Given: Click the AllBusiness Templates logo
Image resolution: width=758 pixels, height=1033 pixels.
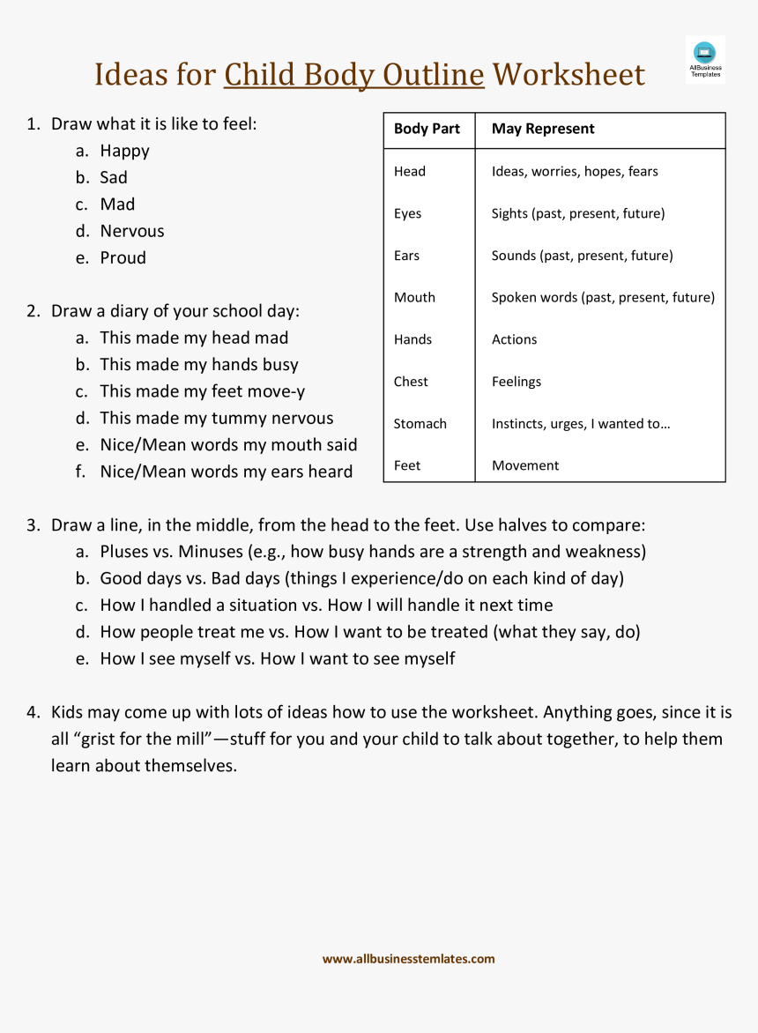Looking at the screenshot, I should (705, 59).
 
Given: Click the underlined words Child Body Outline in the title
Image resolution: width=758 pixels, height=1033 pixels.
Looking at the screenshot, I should (353, 75).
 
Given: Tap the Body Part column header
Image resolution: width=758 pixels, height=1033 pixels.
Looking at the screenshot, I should (427, 129).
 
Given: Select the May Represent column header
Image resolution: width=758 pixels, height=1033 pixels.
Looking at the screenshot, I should (543, 129).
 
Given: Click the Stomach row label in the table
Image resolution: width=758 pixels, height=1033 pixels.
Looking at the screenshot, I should (420, 423).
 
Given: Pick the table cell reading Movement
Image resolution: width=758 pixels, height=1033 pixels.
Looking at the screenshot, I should (525, 465).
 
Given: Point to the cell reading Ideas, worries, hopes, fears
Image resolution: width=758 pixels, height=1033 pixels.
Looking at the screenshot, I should (575, 171).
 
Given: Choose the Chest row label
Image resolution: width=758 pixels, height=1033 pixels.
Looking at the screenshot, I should (411, 382).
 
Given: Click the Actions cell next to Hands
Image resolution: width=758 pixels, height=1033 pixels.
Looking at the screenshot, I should (514, 339).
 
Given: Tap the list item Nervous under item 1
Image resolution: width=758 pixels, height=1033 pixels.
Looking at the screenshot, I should (132, 231).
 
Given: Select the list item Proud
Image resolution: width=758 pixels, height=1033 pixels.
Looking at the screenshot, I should (123, 257).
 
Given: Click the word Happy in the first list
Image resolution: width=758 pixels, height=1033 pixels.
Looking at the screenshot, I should (124, 151).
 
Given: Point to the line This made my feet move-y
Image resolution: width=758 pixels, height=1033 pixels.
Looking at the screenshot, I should (203, 391).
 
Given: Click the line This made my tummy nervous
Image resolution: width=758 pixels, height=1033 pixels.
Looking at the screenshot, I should (217, 418).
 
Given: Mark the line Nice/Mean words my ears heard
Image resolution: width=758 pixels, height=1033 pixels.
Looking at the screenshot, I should (227, 472).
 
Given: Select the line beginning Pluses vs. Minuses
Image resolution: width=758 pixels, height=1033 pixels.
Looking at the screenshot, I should (373, 552).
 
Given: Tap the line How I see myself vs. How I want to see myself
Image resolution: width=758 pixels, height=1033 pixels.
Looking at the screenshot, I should (278, 658).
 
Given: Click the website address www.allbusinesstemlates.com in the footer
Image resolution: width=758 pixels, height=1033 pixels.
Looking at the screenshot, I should (408, 959).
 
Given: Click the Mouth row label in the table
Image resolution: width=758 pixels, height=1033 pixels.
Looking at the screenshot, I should (414, 297).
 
